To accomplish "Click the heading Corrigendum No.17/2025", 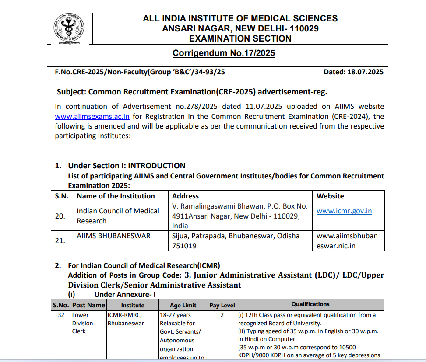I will [x=223, y=53].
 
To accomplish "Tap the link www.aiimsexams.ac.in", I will [x=92, y=116].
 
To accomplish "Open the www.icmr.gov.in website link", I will [x=344, y=211].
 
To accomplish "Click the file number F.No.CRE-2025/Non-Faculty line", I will [x=140, y=72].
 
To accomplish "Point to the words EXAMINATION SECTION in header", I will [x=240, y=38].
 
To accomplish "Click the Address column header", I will [x=185, y=196].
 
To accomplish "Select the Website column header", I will [x=330, y=196].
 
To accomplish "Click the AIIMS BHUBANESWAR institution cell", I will [x=113, y=236].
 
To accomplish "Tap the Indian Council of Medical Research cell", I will [x=118, y=216].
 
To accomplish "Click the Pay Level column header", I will [x=222, y=305].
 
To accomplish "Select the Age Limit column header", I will [x=183, y=305].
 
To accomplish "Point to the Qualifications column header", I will [x=310, y=304].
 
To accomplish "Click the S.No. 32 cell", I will [x=61, y=315].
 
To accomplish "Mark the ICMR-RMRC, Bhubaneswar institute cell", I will [x=125, y=319].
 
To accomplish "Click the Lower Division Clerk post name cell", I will [x=82, y=323].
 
